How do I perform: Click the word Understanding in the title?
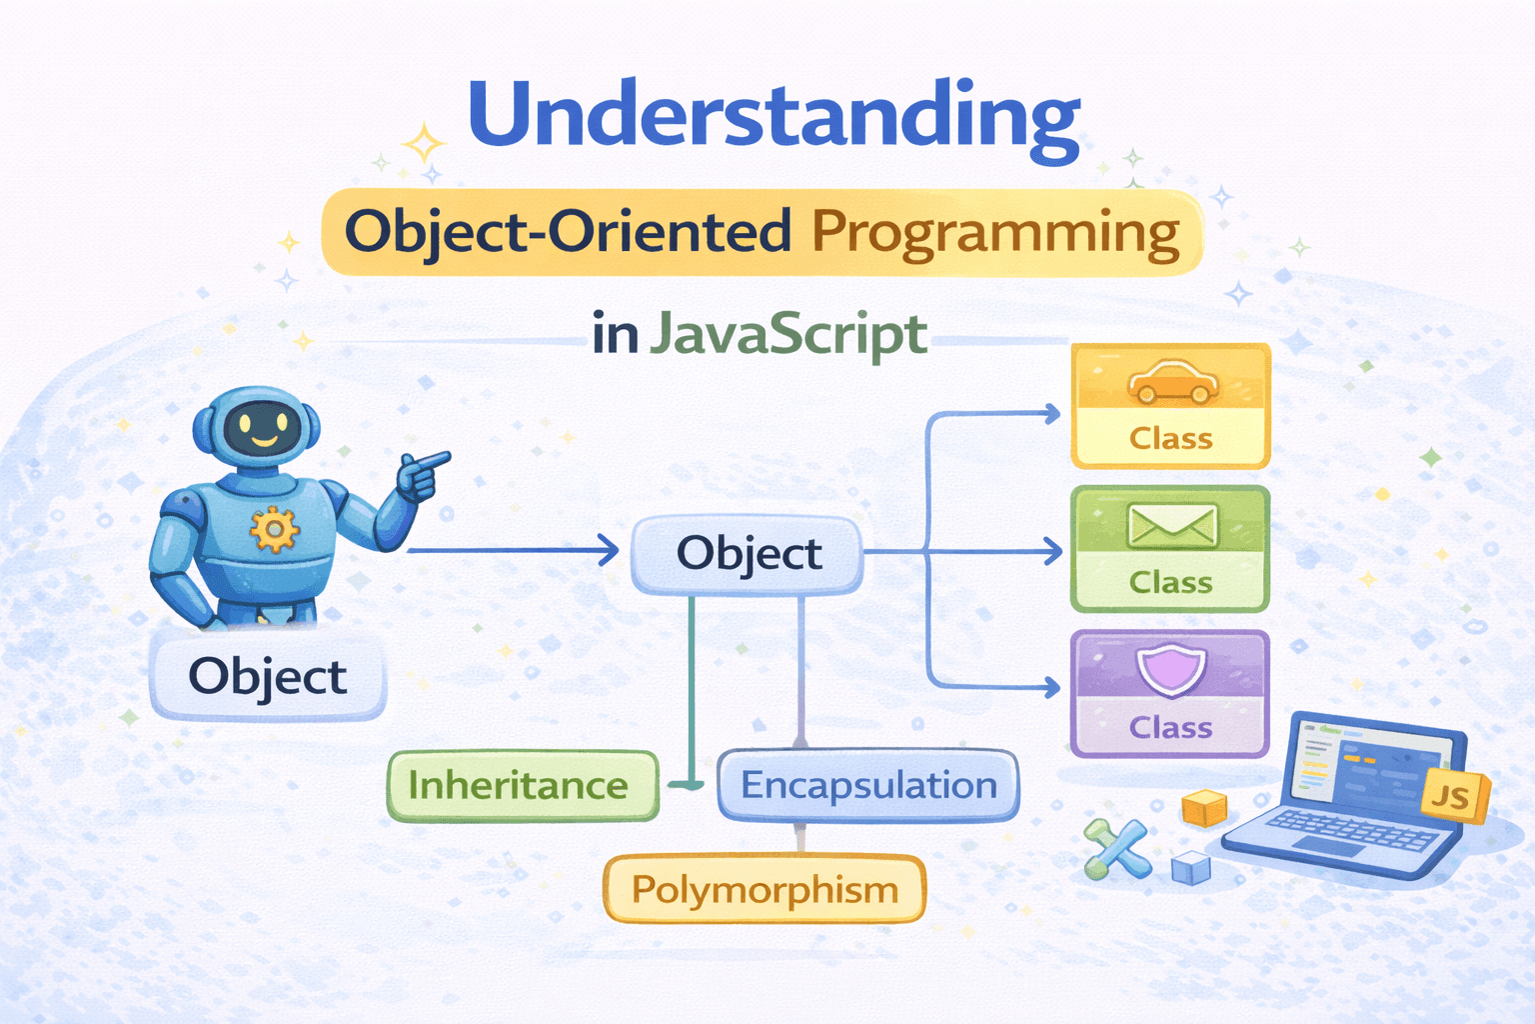(774, 118)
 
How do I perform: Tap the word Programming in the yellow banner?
(995, 234)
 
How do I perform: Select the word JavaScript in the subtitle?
(788, 335)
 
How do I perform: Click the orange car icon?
(1173, 381)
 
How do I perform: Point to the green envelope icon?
(1172, 527)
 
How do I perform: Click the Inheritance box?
(523, 785)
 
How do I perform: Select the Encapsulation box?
(868, 785)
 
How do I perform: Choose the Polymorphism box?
(765, 889)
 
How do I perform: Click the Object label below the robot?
(268, 676)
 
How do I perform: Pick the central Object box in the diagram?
(748, 553)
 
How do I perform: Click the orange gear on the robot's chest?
(274, 529)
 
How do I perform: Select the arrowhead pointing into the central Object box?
(609, 550)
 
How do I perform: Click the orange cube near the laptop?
(1204, 808)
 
